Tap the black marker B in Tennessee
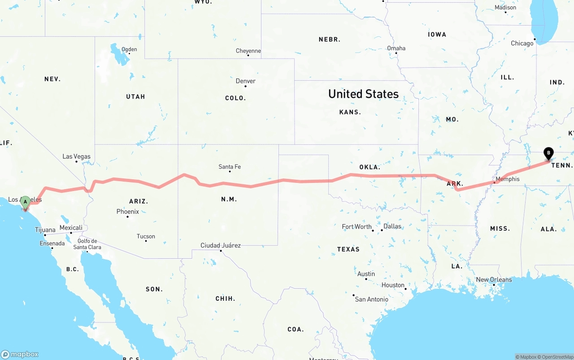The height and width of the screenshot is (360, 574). pos(548,153)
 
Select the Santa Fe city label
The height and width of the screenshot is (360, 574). pos(230,167)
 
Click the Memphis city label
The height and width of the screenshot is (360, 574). pos(508,179)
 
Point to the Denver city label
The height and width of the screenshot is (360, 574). pos(246,81)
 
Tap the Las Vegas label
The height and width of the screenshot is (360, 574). pos(76,156)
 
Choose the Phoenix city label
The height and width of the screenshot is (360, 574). pos(128,211)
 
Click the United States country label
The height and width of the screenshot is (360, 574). pos(363,94)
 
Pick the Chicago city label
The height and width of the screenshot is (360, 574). pos(522,43)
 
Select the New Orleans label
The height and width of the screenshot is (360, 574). pos(494,279)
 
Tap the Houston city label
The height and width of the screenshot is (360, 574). pos(393,285)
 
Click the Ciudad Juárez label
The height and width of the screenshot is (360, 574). pos(220,245)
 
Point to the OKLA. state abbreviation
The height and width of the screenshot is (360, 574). pos(370,167)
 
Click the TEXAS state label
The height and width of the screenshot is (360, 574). pos(348,249)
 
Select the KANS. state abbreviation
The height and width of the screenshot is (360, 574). pos(350,112)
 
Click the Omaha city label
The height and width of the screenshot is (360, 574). pos(396,48)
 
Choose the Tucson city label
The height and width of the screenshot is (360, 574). pos(146,236)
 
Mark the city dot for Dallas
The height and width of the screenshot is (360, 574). pos(382,230)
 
